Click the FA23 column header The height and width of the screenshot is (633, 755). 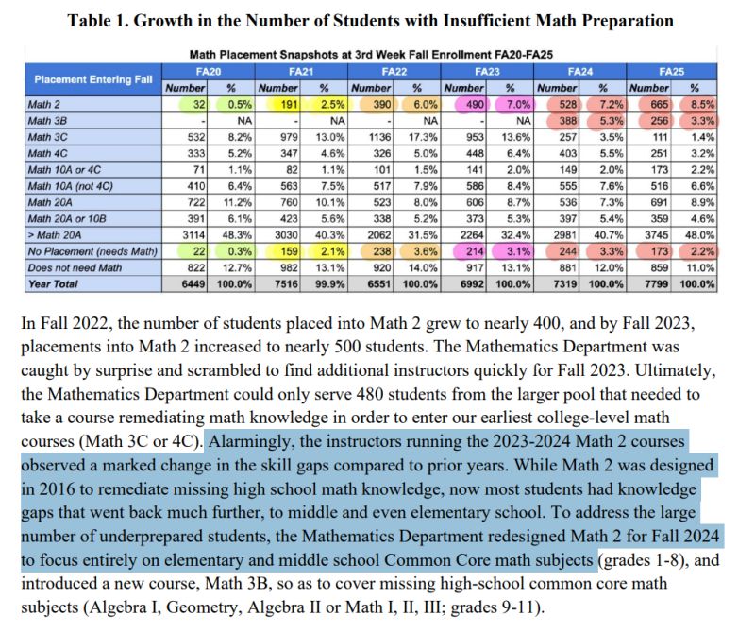[x=486, y=71]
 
